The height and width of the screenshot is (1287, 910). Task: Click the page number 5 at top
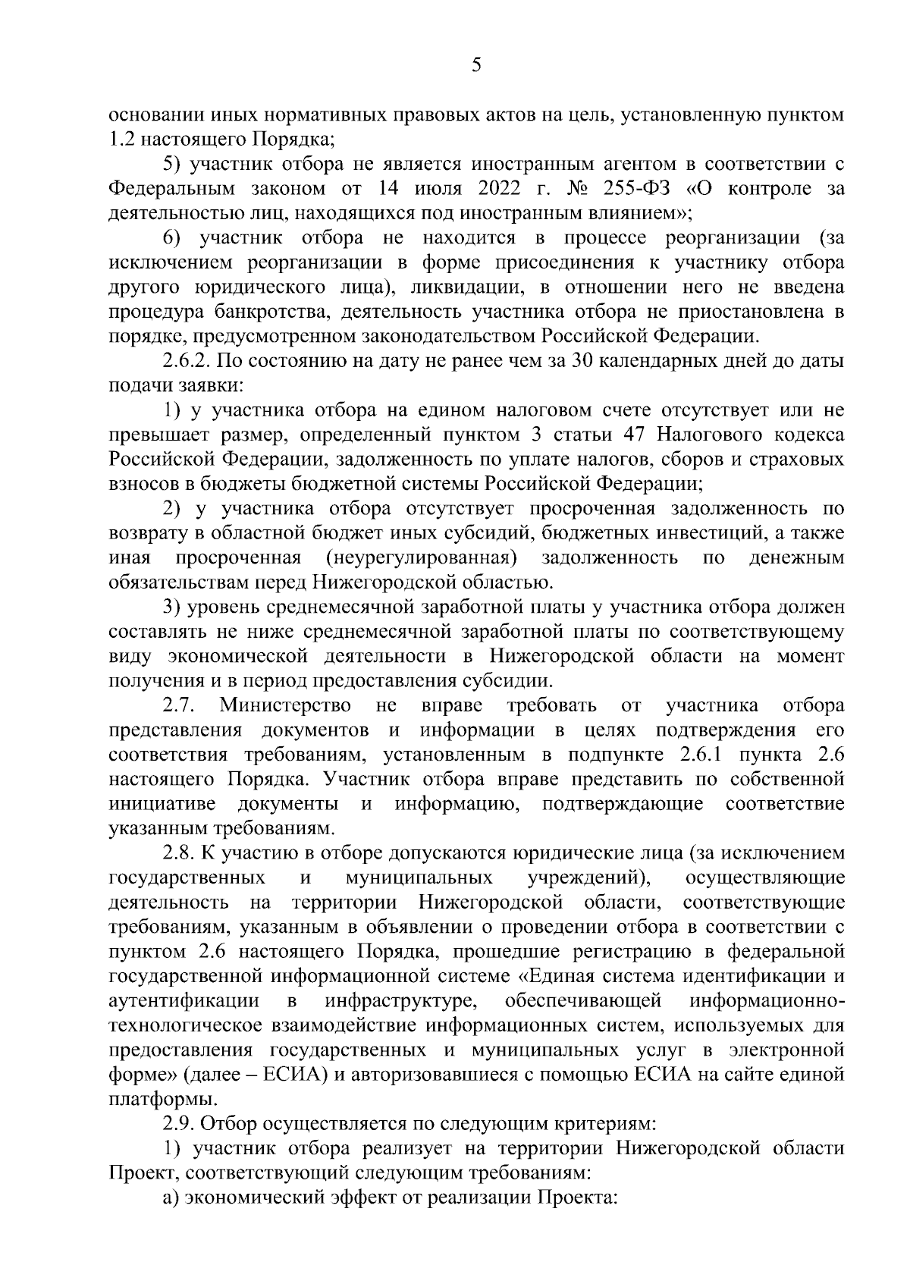(475, 65)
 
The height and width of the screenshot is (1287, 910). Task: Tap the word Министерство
(285, 706)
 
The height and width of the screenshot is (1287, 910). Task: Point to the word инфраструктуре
(400, 1001)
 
